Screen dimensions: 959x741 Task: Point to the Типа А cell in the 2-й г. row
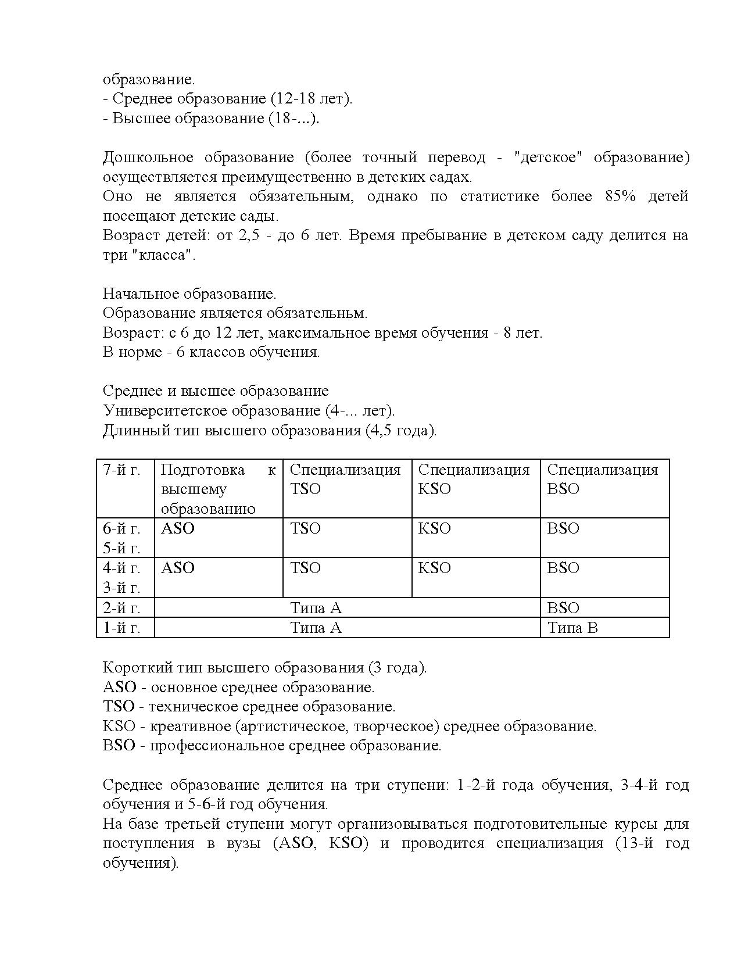316,608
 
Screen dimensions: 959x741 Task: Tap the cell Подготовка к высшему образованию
218,489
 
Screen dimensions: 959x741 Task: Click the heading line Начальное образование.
189,294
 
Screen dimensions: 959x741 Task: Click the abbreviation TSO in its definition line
119,707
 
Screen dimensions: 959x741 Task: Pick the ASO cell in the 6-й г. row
177,529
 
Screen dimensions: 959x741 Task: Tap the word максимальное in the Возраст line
319,333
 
